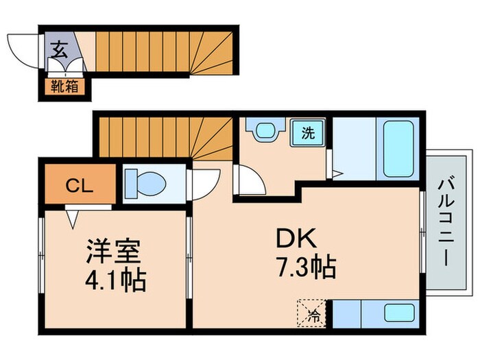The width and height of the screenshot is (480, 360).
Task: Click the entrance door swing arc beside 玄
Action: point(23,51)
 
